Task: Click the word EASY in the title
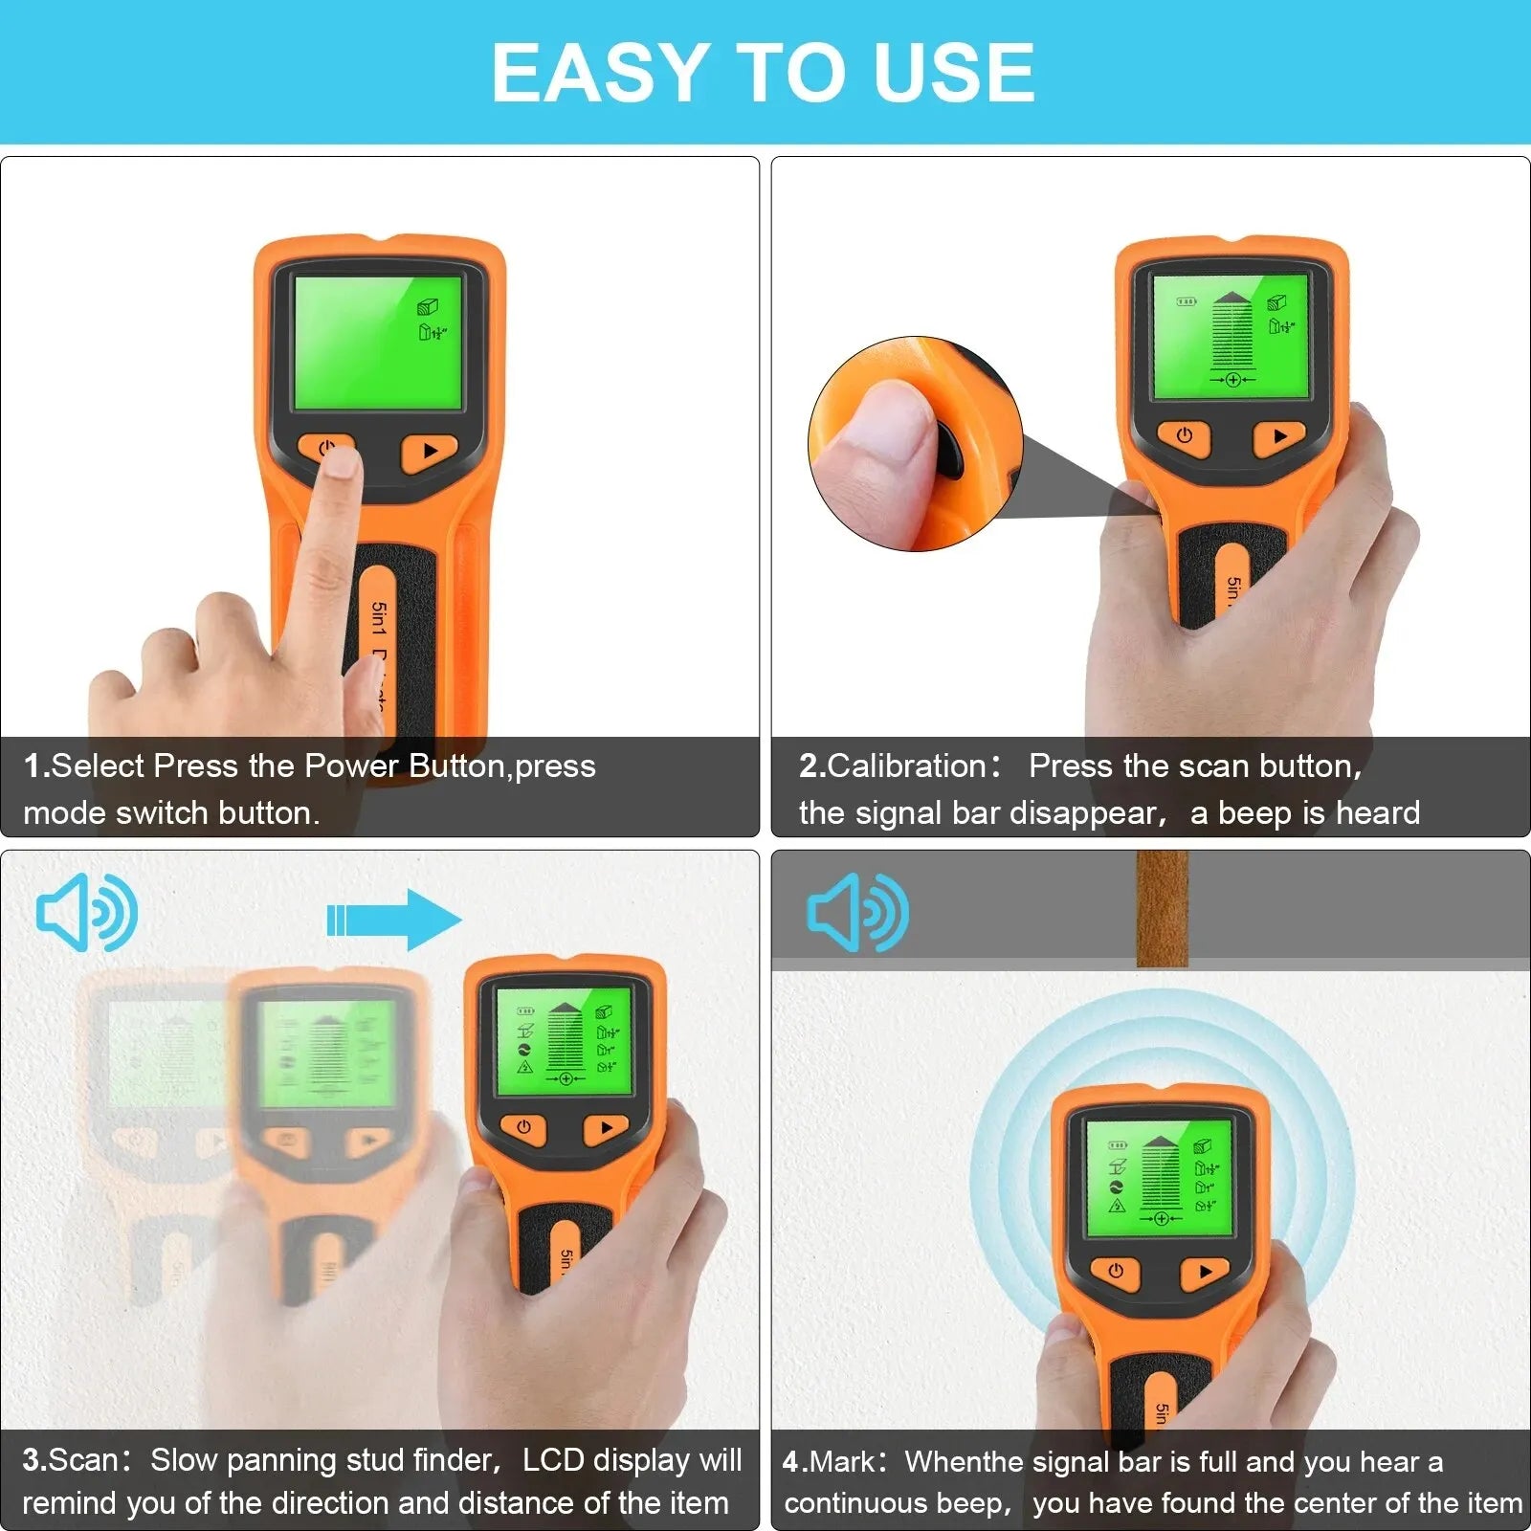tap(598, 73)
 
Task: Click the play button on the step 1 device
tap(428, 451)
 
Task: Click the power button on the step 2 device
tap(1185, 435)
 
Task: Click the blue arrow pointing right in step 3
tap(394, 920)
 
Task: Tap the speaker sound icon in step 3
tap(86, 912)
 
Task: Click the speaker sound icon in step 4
tap(857, 912)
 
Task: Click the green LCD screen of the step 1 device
tap(378, 342)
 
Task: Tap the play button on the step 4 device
tap(1205, 1272)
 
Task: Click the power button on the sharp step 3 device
tap(523, 1127)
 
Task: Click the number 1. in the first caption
tap(36, 765)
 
